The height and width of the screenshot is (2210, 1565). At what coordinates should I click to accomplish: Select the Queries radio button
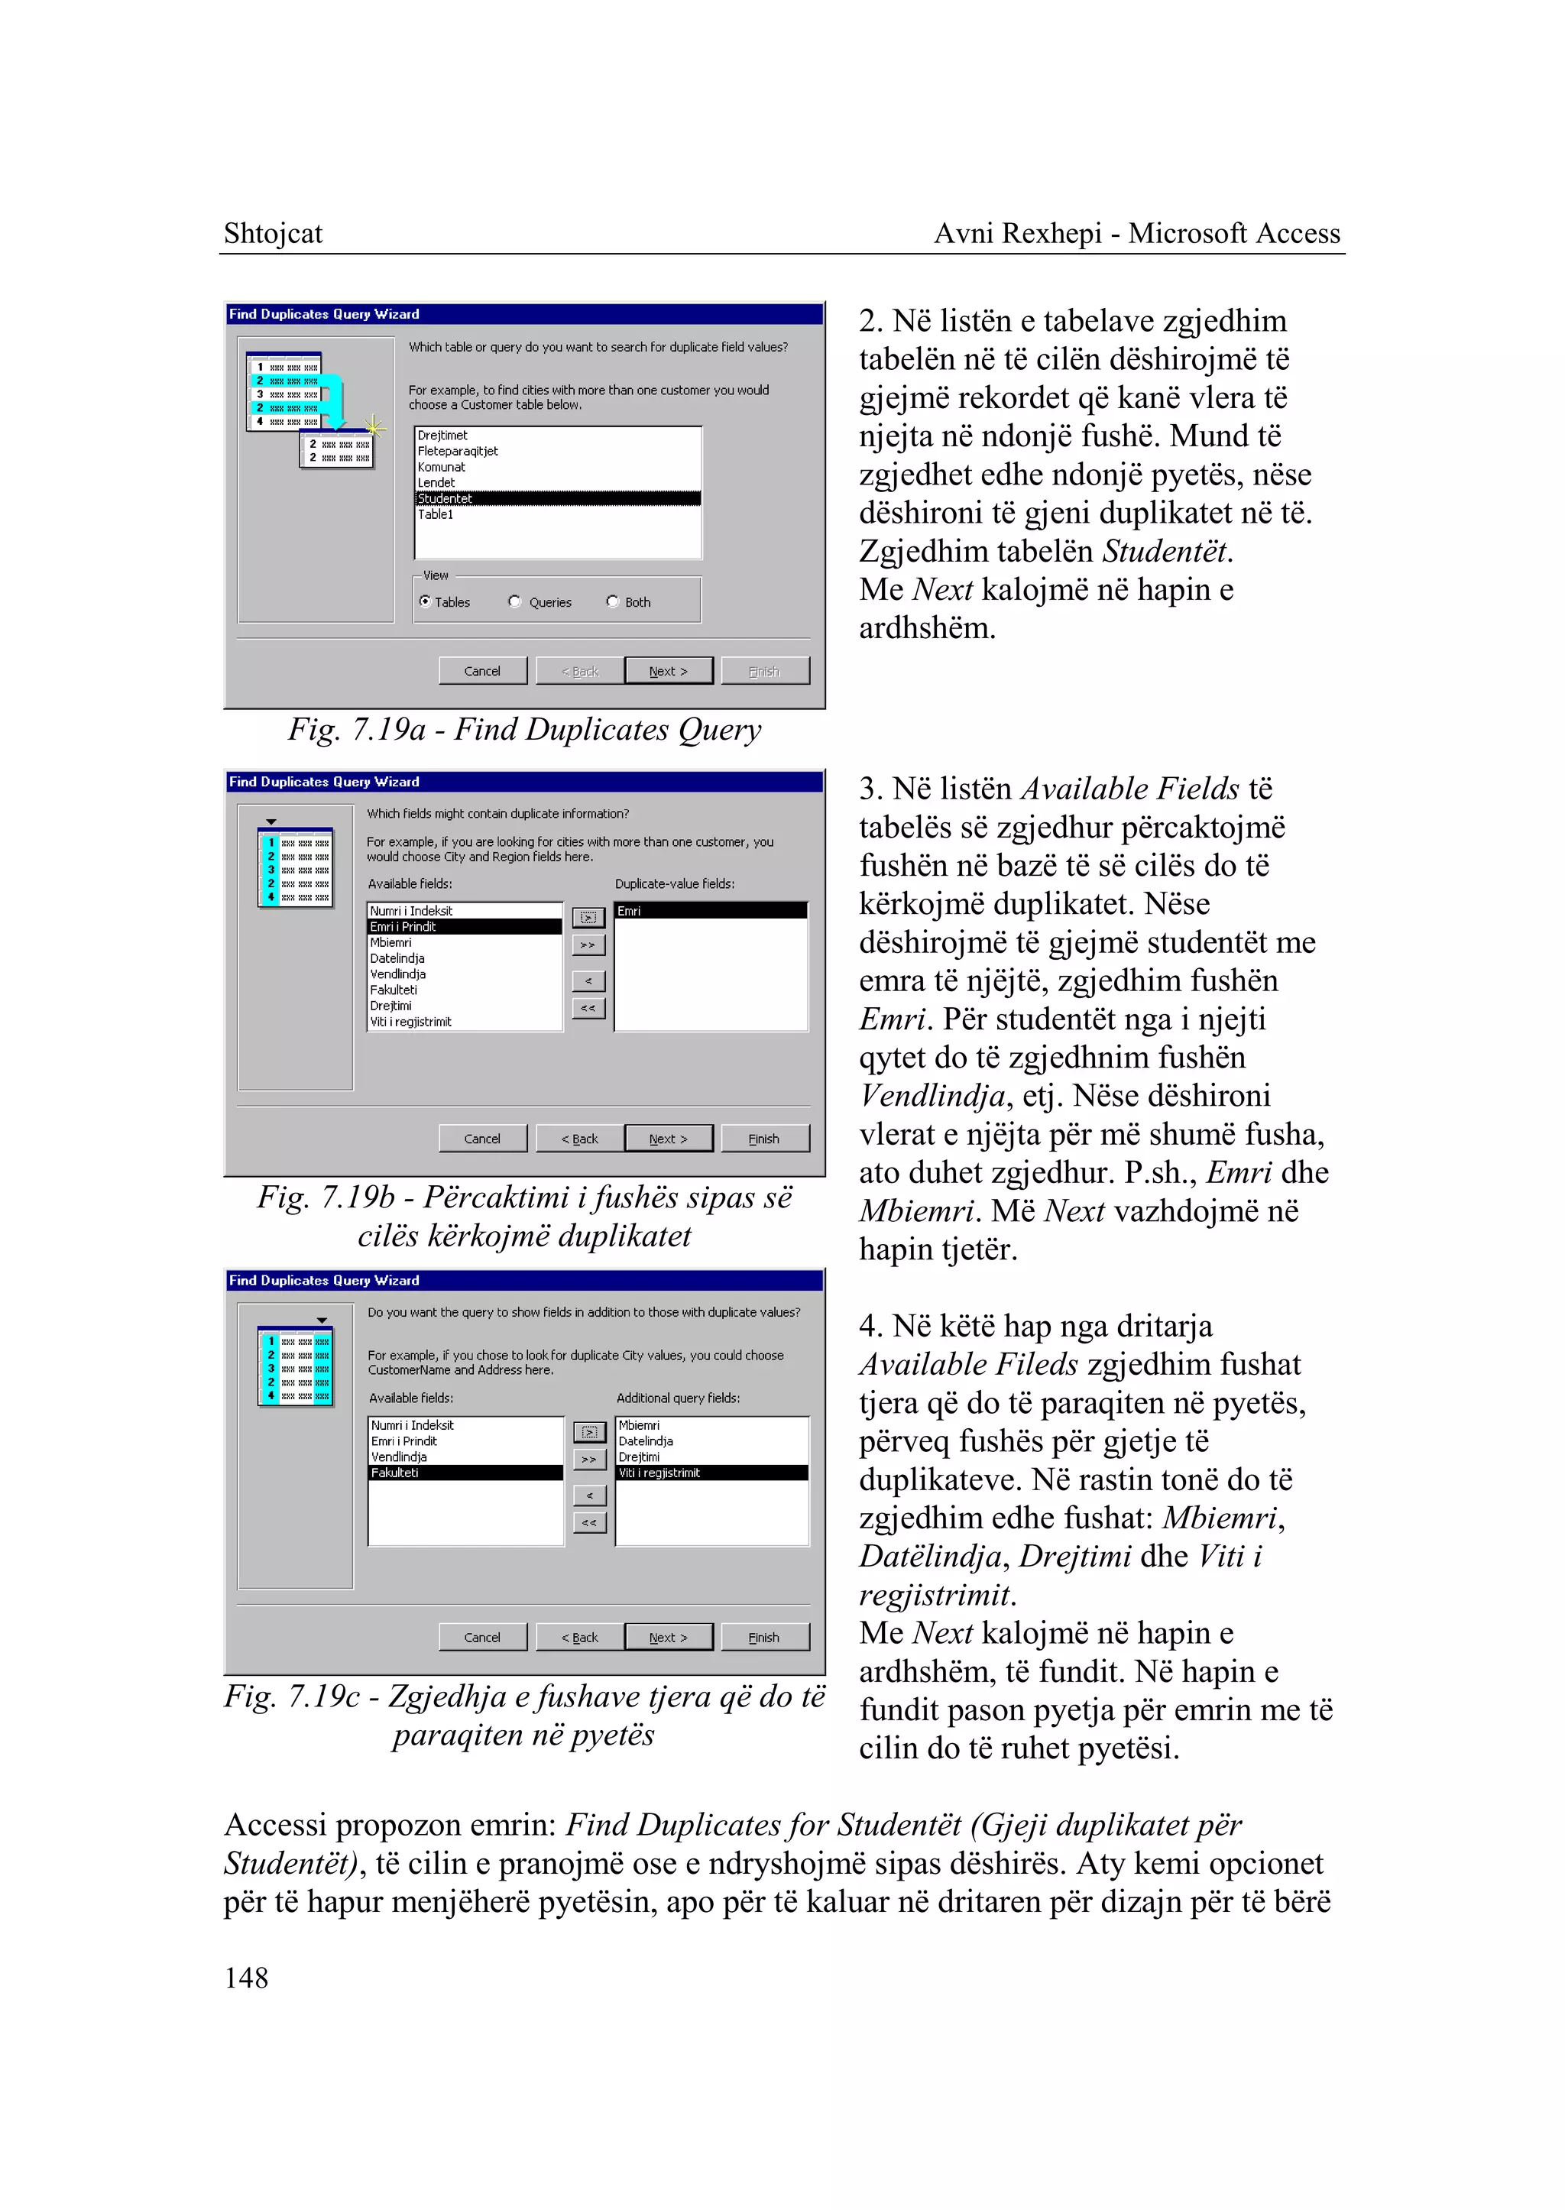pos(516,601)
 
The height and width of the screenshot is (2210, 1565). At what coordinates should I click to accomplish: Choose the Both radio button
pos(613,601)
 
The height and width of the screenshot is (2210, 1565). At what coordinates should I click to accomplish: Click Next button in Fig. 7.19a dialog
pos(668,671)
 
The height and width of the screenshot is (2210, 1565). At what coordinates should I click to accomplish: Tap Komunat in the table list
pos(442,466)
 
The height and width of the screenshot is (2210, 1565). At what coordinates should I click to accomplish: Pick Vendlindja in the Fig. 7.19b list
pos(398,974)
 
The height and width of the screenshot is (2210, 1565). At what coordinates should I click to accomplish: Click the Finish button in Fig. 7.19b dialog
pos(764,1139)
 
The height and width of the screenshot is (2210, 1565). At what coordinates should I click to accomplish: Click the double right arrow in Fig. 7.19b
pos(588,945)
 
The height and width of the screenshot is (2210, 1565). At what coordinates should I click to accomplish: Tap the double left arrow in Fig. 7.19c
pos(589,1523)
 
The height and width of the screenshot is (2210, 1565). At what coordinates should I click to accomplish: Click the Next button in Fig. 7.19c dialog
pos(668,1637)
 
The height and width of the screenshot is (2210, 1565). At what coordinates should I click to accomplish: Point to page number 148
pos(247,1978)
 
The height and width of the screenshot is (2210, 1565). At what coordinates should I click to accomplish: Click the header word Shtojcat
pos(273,233)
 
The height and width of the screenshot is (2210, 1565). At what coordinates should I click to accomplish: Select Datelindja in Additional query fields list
pos(646,1441)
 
